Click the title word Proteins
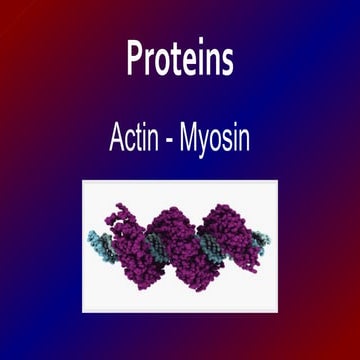(180, 61)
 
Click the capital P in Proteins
(135, 60)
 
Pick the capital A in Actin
(116, 138)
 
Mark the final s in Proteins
(228, 63)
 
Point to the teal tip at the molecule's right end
(266, 237)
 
